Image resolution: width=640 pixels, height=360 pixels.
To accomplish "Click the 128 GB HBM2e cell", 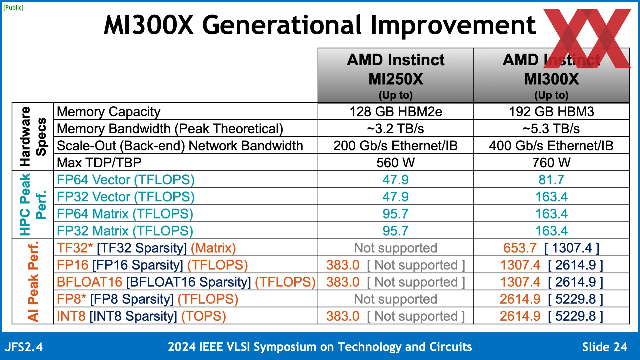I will [395, 112].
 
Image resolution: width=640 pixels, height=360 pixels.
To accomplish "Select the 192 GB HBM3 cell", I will [551, 112].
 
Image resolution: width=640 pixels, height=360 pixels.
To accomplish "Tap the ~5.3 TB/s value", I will [551, 129].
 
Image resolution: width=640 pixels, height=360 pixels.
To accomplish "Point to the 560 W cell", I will [395, 163].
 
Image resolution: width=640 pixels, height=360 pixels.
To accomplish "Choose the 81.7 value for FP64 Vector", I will [551, 180].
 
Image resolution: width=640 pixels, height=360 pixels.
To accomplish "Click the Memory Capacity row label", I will [109, 112].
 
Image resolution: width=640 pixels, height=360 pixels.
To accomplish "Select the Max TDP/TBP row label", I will [99, 163].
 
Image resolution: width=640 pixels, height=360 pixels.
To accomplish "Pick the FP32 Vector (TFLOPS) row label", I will [126, 197].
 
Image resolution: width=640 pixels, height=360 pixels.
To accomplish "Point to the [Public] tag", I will [13, 7].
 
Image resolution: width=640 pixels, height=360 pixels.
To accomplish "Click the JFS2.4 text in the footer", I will [24, 347].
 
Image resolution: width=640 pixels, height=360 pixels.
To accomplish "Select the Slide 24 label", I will [604, 347].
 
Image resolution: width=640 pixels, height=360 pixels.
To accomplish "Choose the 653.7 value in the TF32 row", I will [520, 248].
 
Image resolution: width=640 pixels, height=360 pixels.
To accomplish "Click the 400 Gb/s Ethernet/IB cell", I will [551, 146].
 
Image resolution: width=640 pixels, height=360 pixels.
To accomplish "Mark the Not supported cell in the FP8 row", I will [395, 299].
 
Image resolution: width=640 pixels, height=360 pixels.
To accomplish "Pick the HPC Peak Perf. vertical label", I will [32, 205].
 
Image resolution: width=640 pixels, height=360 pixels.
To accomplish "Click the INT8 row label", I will [141, 316].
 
